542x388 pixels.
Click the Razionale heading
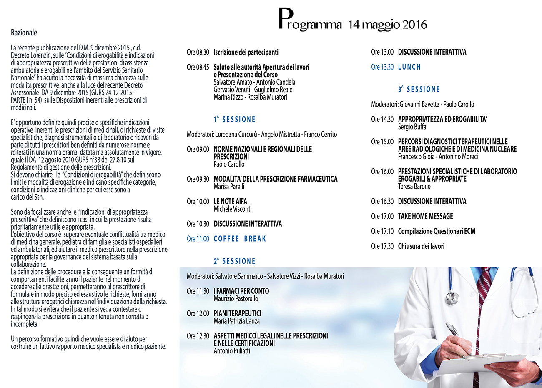pyautogui.click(x=24, y=33)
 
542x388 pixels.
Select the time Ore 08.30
pyautogui.click(x=198, y=53)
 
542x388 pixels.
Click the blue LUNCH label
pyautogui.click(x=409, y=67)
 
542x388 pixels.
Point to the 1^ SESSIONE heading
pyautogui.click(x=234, y=120)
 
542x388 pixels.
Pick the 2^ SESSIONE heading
pyautogui.click(x=234, y=261)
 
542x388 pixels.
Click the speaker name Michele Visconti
pyautogui.click(x=233, y=209)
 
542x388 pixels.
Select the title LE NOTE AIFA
pyautogui.click(x=230, y=202)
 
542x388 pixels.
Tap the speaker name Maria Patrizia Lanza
pyautogui.click(x=236, y=321)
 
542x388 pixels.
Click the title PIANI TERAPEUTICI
pyautogui.click(x=237, y=313)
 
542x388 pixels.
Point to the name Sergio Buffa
pyautogui.click(x=412, y=127)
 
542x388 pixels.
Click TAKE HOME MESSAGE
pyautogui.click(x=425, y=216)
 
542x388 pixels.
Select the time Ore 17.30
pyautogui.click(x=382, y=246)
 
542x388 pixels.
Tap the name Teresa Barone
pyautogui.click(x=414, y=187)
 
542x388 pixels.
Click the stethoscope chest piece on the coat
pyautogui.click(x=451, y=297)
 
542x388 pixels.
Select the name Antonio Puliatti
pyautogui.click(x=232, y=351)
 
